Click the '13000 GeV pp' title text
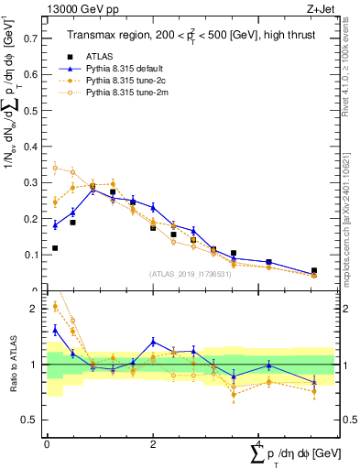tap(82, 10)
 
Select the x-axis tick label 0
tap(47, 442)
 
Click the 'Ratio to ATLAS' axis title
tap(12, 364)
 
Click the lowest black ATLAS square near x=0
tap(55, 248)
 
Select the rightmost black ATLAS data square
tap(313, 271)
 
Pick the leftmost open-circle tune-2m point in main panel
tap(55, 168)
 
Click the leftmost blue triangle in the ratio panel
tap(55, 330)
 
